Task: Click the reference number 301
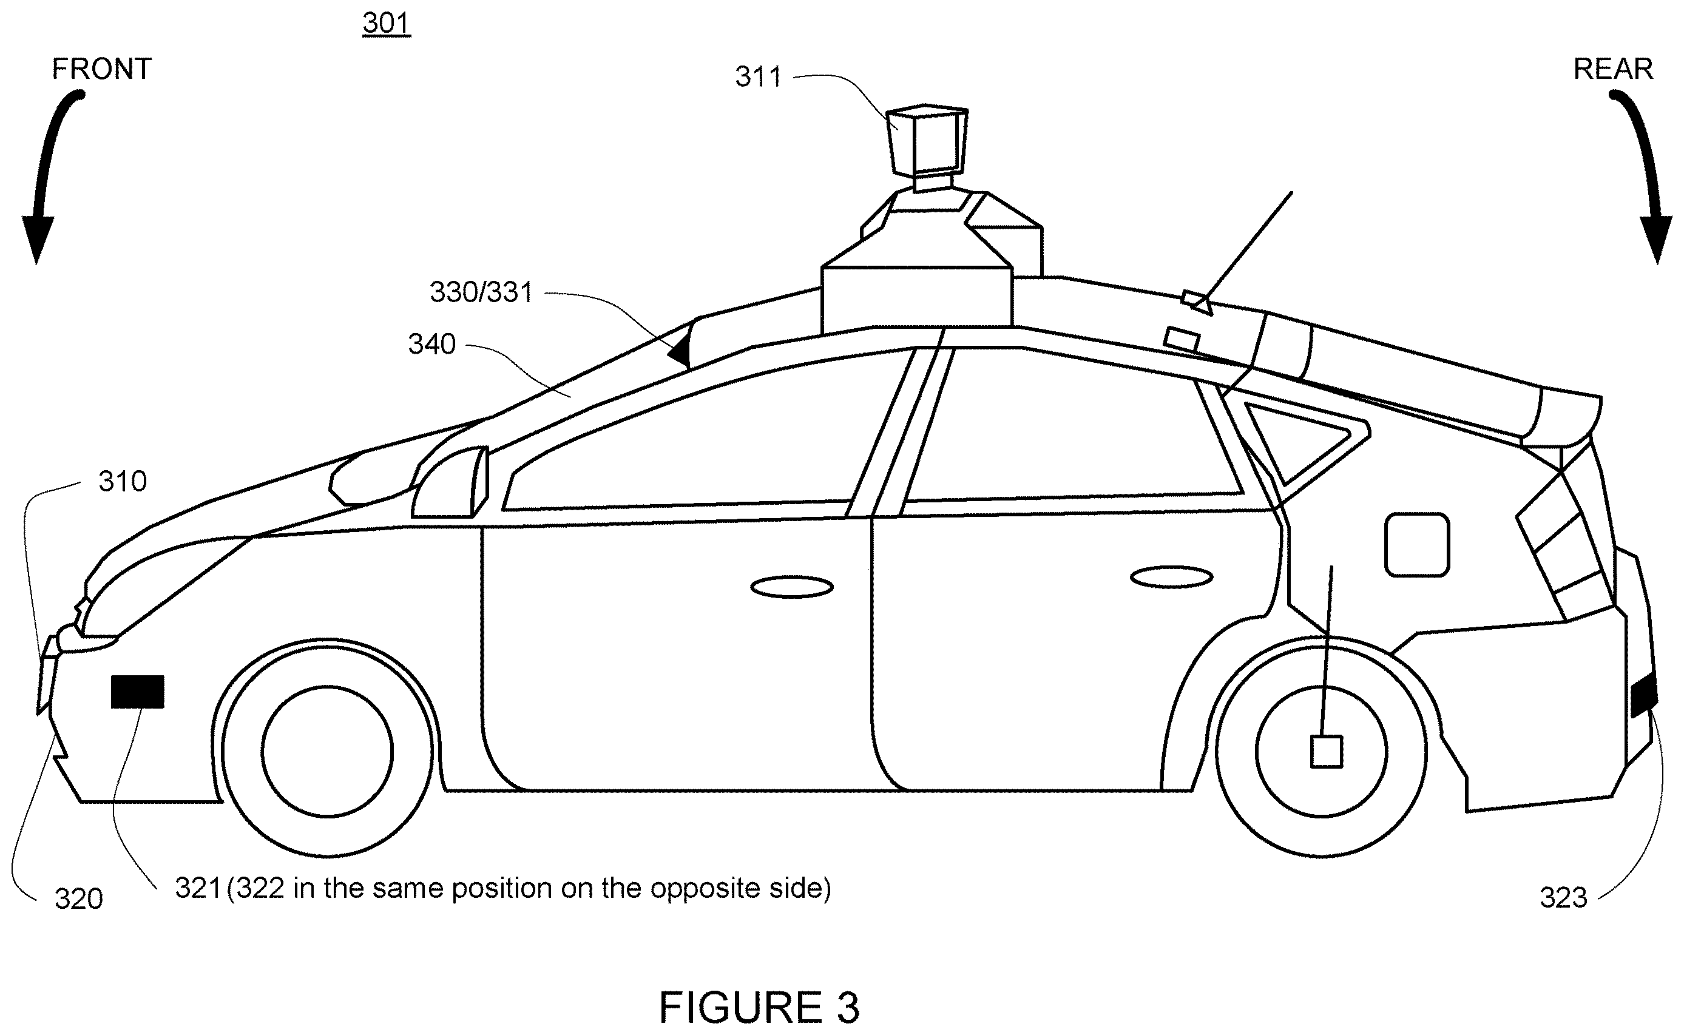(x=386, y=23)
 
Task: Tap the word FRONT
(x=101, y=69)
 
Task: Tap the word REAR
(x=1613, y=69)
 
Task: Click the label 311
(x=759, y=76)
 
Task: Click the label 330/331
(x=481, y=292)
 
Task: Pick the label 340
(x=432, y=343)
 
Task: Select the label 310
(x=123, y=481)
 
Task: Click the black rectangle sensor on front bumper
(x=138, y=692)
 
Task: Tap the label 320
(x=79, y=898)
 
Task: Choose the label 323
(x=1563, y=897)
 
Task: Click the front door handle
(x=792, y=587)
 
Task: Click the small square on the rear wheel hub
(x=1326, y=752)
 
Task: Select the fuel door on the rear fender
(x=1417, y=545)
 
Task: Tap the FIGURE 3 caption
(x=759, y=1007)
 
